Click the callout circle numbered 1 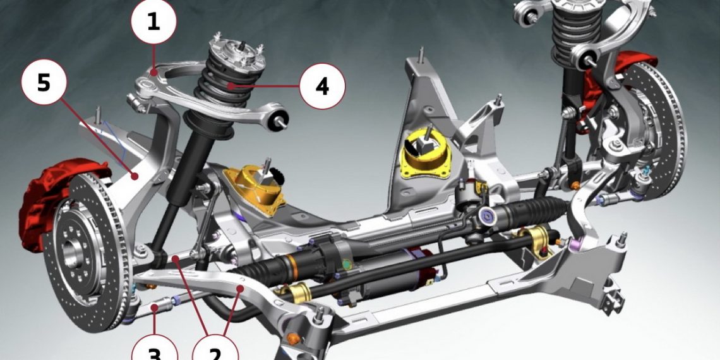(153, 21)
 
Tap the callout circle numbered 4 (322, 86)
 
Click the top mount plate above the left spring (237, 52)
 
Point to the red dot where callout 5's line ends (134, 175)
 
